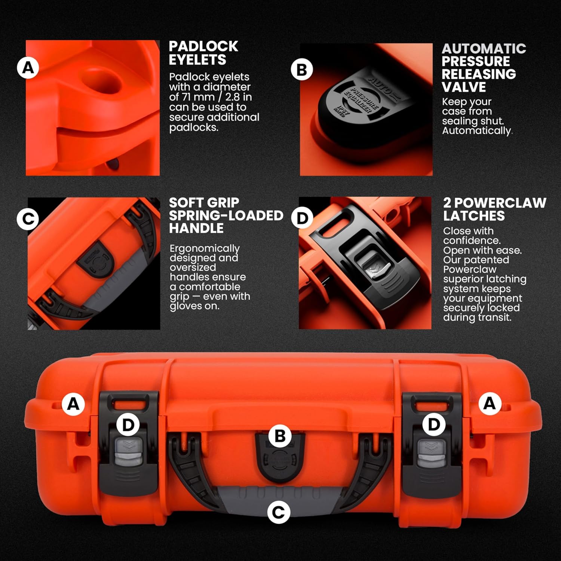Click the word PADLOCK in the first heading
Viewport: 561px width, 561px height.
tap(203, 46)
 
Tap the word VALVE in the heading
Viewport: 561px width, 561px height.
tap(464, 87)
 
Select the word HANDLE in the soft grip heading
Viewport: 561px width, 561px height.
tap(196, 228)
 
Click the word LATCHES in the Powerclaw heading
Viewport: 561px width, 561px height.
tap(474, 216)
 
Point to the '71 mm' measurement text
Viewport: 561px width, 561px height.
tap(203, 97)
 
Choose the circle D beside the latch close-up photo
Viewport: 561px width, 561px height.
tap(302, 218)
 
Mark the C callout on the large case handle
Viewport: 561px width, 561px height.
tap(279, 512)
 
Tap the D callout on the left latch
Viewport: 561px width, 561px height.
tap(128, 425)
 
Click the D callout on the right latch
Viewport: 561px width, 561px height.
tap(434, 424)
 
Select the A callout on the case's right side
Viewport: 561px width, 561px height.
tap(490, 404)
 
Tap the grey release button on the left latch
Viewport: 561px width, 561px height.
tap(126, 453)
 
